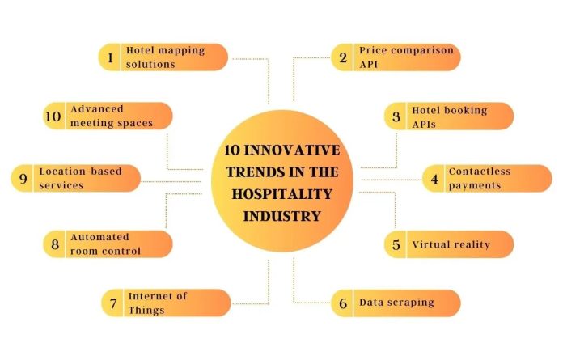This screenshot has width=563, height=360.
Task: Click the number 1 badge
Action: [x=110, y=57]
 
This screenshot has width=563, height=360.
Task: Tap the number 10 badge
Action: [x=53, y=116]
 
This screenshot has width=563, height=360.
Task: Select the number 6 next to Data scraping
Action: [x=343, y=303]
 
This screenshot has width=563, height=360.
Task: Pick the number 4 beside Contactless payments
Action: [x=434, y=179]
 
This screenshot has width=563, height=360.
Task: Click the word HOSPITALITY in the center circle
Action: [x=281, y=194]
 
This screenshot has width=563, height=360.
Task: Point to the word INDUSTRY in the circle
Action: [x=281, y=217]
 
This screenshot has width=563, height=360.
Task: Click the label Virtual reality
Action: [x=451, y=245]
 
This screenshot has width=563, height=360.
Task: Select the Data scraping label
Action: [x=396, y=303]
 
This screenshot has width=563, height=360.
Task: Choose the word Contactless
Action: [x=480, y=172]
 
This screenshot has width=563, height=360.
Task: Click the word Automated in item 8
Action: [x=99, y=237]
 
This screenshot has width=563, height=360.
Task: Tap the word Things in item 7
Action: [x=146, y=310]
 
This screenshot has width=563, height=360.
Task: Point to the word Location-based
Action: [x=80, y=172]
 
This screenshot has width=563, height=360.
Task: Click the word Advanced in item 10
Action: [x=97, y=108]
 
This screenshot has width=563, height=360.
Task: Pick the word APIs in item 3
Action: [x=424, y=125]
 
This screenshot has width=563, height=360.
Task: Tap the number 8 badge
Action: [x=55, y=244]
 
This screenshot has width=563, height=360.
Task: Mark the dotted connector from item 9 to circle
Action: [x=171, y=181]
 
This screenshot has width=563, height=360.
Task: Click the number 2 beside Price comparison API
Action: [x=343, y=57]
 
